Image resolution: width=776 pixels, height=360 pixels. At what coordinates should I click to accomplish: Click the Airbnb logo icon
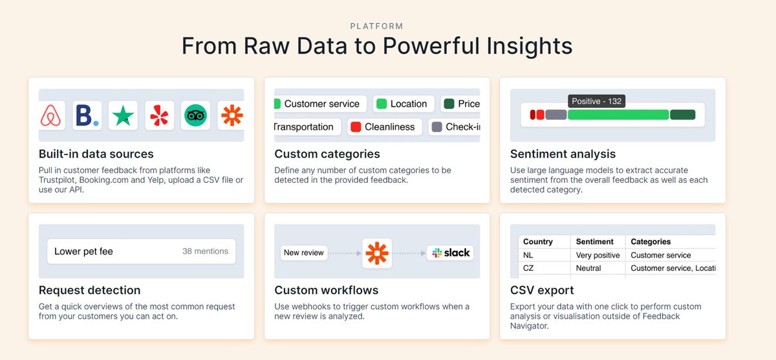[x=50, y=115]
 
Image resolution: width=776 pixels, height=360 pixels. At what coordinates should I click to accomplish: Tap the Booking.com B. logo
[x=87, y=115]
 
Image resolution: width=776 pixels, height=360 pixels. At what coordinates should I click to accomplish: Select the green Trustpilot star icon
[x=123, y=116]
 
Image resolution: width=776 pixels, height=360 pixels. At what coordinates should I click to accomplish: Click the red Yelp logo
[x=159, y=115]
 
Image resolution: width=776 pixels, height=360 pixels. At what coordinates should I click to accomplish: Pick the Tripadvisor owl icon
[x=195, y=115]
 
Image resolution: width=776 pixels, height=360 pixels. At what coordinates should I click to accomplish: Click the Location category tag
[x=404, y=103]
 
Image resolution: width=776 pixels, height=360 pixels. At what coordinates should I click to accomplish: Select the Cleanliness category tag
[x=385, y=127]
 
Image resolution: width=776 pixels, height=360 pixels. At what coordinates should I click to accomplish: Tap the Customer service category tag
[x=320, y=103]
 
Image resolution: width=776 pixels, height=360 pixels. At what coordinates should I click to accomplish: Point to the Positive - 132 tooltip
[x=596, y=101]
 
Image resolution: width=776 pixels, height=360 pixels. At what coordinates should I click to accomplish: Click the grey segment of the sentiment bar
[x=556, y=114]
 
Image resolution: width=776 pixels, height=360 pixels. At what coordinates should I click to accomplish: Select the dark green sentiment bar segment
[x=682, y=114]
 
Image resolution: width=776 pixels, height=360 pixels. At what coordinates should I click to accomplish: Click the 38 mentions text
[x=206, y=251]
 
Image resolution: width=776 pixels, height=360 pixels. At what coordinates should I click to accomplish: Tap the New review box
[x=304, y=253]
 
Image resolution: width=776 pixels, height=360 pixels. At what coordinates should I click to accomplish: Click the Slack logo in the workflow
[x=451, y=253]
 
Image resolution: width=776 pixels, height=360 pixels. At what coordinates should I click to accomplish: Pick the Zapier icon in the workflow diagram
[x=377, y=253]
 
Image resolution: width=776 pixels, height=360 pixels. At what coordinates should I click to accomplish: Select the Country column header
[x=537, y=242]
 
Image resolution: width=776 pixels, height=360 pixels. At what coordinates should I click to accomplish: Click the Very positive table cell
[x=598, y=255]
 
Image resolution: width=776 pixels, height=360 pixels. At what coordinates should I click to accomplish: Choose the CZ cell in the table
[x=528, y=268]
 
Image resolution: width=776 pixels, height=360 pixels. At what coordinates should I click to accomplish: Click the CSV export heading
[x=542, y=290]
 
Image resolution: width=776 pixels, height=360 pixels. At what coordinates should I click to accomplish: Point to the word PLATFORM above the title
[x=376, y=26]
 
